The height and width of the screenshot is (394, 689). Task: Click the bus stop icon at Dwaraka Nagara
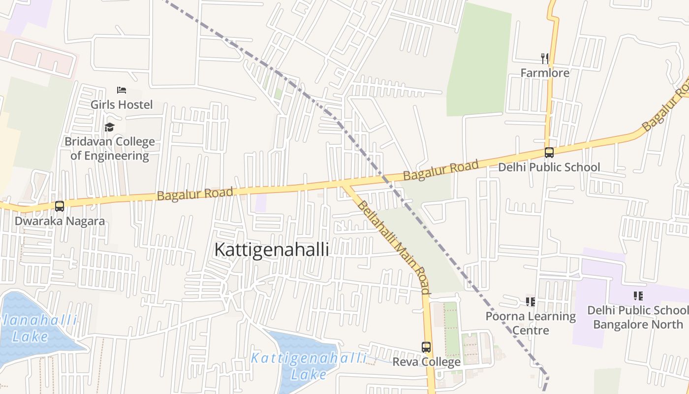(60, 206)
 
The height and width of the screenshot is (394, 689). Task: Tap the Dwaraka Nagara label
(60, 221)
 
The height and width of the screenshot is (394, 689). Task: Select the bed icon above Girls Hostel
(122, 90)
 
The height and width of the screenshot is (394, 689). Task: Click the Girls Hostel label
(122, 104)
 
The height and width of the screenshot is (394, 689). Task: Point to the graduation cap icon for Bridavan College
(109, 127)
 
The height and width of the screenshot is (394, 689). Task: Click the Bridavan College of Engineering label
(109, 149)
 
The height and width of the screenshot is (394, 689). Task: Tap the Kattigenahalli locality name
(271, 250)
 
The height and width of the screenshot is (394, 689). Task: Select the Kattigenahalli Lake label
(309, 366)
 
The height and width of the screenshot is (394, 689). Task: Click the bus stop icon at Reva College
(426, 347)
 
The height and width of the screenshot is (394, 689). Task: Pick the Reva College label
(426, 362)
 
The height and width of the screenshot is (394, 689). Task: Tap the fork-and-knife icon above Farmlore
(545, 59)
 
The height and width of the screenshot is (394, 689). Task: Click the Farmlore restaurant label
(545, 73)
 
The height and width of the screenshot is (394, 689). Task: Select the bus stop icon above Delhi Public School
(549, 153)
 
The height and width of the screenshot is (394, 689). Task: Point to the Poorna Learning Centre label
(531, 323)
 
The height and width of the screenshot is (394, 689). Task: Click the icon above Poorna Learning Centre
(530, 301)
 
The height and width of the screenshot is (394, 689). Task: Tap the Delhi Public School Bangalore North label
(638, 317)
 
